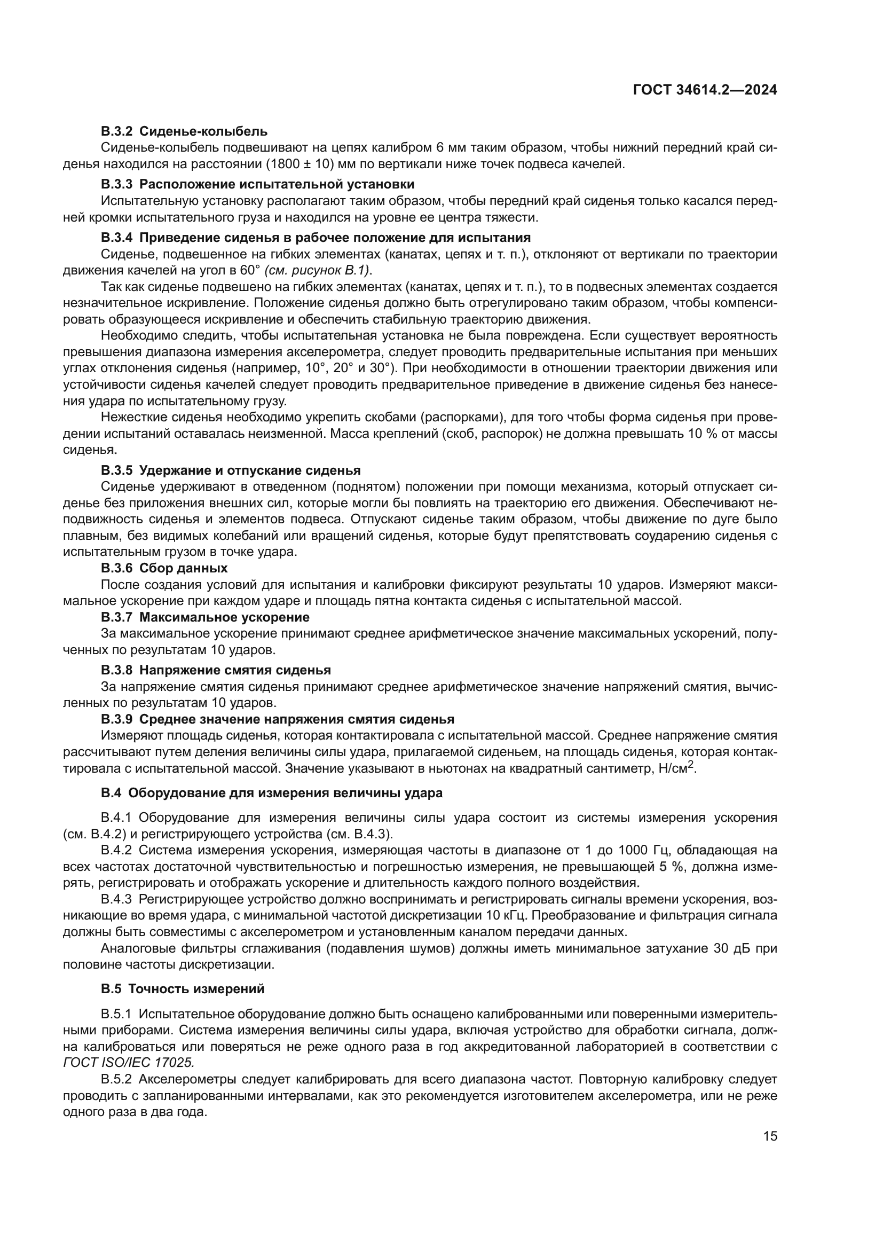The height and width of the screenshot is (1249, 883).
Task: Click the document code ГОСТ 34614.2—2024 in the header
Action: (x=705, y=90)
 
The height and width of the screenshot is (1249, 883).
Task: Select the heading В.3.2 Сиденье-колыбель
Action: (x=184, y=131)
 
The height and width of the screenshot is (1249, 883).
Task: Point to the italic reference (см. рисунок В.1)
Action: (x=317, y=270)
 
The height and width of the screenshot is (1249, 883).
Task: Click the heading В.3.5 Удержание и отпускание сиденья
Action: (x=231, y=470)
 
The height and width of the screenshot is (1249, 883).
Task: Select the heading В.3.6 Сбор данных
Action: (x=164, y=568)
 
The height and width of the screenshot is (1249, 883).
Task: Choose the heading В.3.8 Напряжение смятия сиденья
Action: (x=216, y=670)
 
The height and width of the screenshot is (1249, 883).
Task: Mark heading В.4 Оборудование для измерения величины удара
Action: (x=271, y=793)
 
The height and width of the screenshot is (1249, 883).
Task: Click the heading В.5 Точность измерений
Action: (x=183, y=989)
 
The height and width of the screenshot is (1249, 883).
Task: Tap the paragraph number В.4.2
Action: (x=116, y=850)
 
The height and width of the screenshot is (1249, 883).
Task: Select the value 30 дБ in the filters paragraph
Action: (x=731, y=949)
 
